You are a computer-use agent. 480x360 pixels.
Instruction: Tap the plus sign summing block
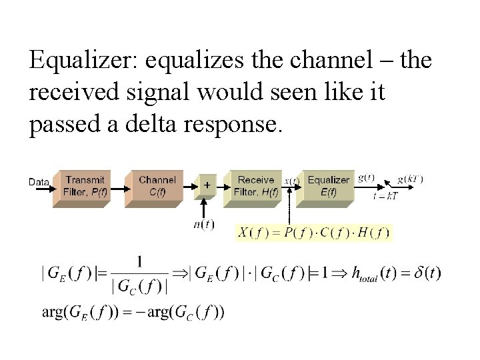207,185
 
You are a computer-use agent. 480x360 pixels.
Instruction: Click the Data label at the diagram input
39,182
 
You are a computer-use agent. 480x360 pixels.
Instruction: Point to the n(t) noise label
204,224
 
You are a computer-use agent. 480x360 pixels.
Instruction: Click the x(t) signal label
291,181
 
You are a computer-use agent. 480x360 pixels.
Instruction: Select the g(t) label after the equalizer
366,178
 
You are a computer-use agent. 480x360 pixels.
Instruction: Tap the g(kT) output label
410,179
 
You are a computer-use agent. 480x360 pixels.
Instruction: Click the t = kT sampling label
385,196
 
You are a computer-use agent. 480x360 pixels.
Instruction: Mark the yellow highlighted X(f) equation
313,232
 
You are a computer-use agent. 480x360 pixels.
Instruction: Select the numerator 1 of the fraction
139,262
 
